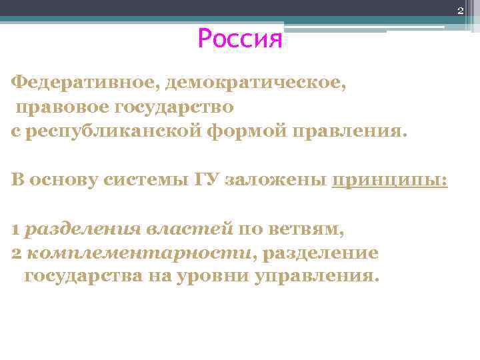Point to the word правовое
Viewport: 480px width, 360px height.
point(62,107)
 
